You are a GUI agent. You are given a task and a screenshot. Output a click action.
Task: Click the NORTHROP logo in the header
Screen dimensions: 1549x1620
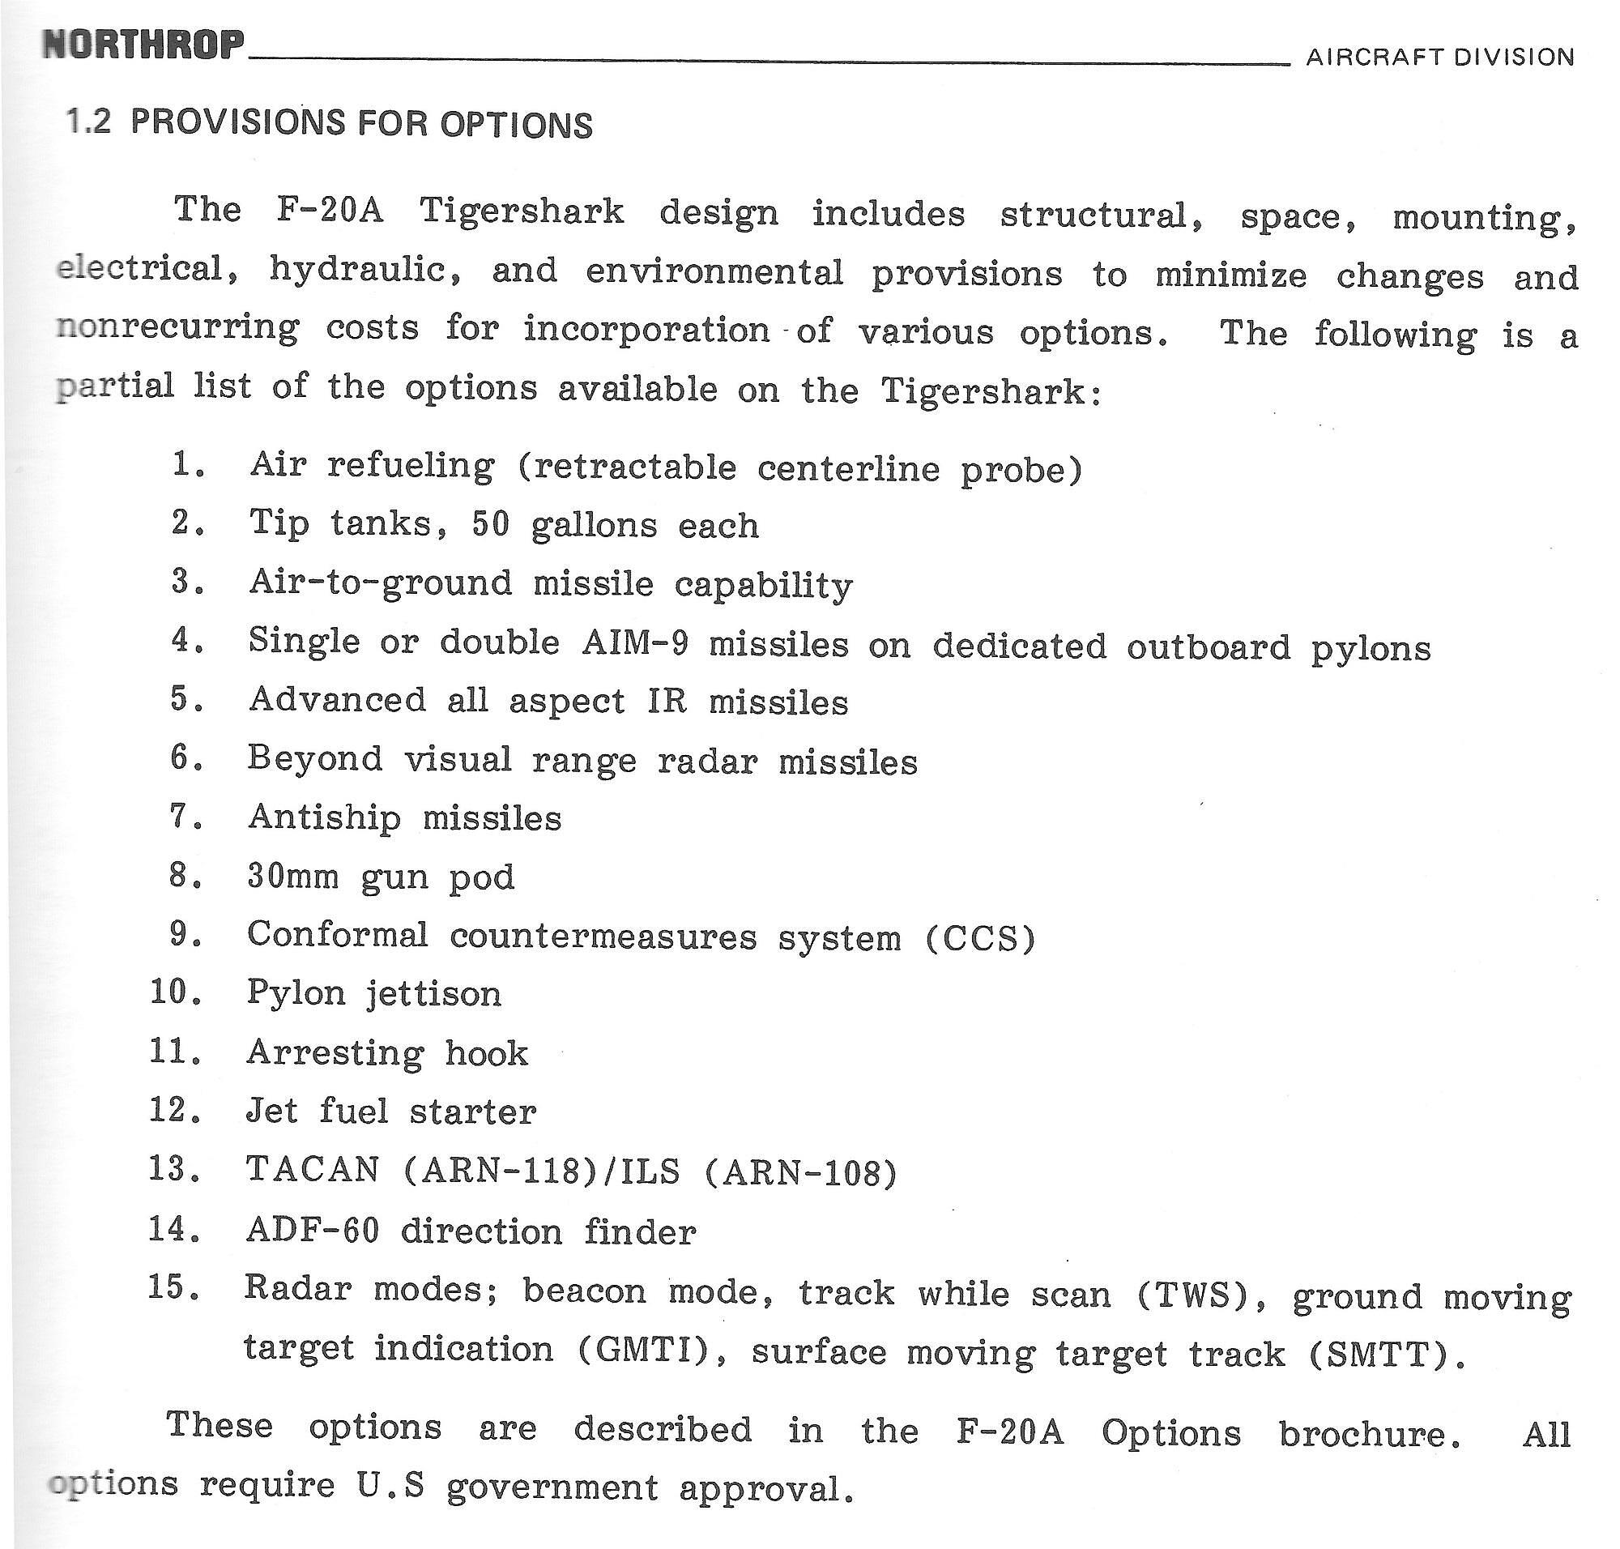pos(143,45)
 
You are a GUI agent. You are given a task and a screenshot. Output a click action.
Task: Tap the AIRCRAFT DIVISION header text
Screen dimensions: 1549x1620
pos(1439,57)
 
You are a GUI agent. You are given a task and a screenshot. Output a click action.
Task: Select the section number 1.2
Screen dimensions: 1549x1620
pos(88,122)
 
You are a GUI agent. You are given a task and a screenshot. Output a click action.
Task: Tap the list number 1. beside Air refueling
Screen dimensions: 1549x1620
pos(189,465)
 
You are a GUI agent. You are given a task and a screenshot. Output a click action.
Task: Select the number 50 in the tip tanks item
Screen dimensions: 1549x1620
pos(491,524)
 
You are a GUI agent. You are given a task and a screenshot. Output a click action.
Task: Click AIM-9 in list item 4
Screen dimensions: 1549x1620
pos(633,643)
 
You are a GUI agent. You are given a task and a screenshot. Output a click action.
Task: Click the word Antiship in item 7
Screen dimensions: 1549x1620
pos(325,818)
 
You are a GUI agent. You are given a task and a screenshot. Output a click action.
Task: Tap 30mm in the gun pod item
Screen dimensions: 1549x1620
pos(292,877)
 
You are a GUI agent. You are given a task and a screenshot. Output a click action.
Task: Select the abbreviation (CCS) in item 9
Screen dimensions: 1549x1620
pos(980,939)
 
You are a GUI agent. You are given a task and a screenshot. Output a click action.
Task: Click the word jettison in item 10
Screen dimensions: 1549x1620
pos(433,994)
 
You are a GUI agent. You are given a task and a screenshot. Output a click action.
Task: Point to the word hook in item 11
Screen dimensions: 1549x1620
pos(486,1052)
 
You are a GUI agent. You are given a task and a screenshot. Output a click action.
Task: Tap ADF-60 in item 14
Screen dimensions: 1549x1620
pos(312,1231)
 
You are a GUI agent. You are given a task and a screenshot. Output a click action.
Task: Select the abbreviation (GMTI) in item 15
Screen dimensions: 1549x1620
pos(642,1349)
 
